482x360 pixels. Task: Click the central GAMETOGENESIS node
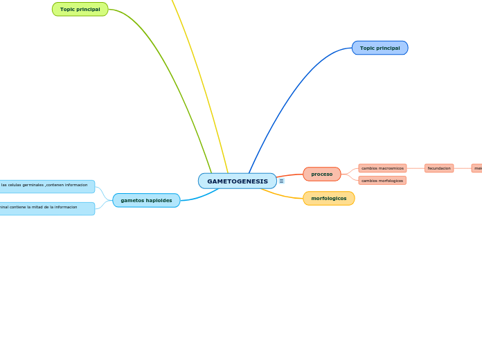click(237, 181)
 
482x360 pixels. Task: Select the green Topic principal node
click(80, 9)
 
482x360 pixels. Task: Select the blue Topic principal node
click(380, 48)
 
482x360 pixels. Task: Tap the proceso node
click(321, 174)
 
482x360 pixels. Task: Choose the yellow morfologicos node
click(328, 198)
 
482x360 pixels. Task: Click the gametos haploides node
click(146, 200)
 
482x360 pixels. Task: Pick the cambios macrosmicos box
click(382, 168)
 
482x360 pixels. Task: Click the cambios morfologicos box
click(382, 181)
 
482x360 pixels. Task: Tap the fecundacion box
click(439, 168)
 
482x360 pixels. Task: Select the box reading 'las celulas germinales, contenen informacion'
click(46, 186)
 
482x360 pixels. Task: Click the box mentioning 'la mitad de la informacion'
click(46, 208)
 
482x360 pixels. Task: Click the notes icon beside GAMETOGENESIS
click(281, 181)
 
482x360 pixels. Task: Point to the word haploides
click(159, 200)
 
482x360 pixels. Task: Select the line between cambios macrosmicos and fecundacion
click(416, 168)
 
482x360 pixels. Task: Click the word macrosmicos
click(391, 168)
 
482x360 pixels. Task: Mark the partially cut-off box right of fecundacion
click(477, 168)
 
